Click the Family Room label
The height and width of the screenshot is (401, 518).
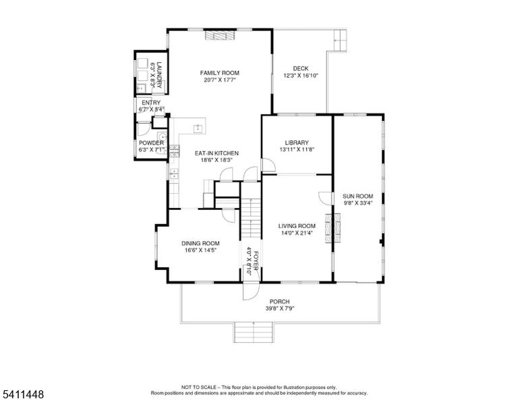(220, 73)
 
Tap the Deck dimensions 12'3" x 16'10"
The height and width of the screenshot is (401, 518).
(301, 76)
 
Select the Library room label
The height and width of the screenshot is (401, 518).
(297, 142)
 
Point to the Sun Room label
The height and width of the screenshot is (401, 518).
(357, 196)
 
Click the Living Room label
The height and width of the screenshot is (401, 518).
(297, 226)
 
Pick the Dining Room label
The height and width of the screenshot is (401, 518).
(200, 243)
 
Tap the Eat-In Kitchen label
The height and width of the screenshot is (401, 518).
(217, 153)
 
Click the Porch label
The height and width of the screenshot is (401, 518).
(279, 302)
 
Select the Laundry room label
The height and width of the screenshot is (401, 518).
(160, 75)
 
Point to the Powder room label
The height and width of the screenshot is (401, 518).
(151, 143)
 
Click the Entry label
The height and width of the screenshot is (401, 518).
(151, 103)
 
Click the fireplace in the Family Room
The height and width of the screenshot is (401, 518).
(220, 35)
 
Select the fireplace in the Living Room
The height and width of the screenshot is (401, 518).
(333, 228)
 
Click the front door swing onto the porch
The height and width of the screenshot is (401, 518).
(251, 291)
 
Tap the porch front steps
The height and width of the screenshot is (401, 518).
(254, 332)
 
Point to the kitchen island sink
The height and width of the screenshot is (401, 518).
(198, 128)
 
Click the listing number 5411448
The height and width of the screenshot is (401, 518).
(23, 394)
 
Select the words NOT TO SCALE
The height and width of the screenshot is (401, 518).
(199, 387)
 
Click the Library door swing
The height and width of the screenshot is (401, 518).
(268, 165)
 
